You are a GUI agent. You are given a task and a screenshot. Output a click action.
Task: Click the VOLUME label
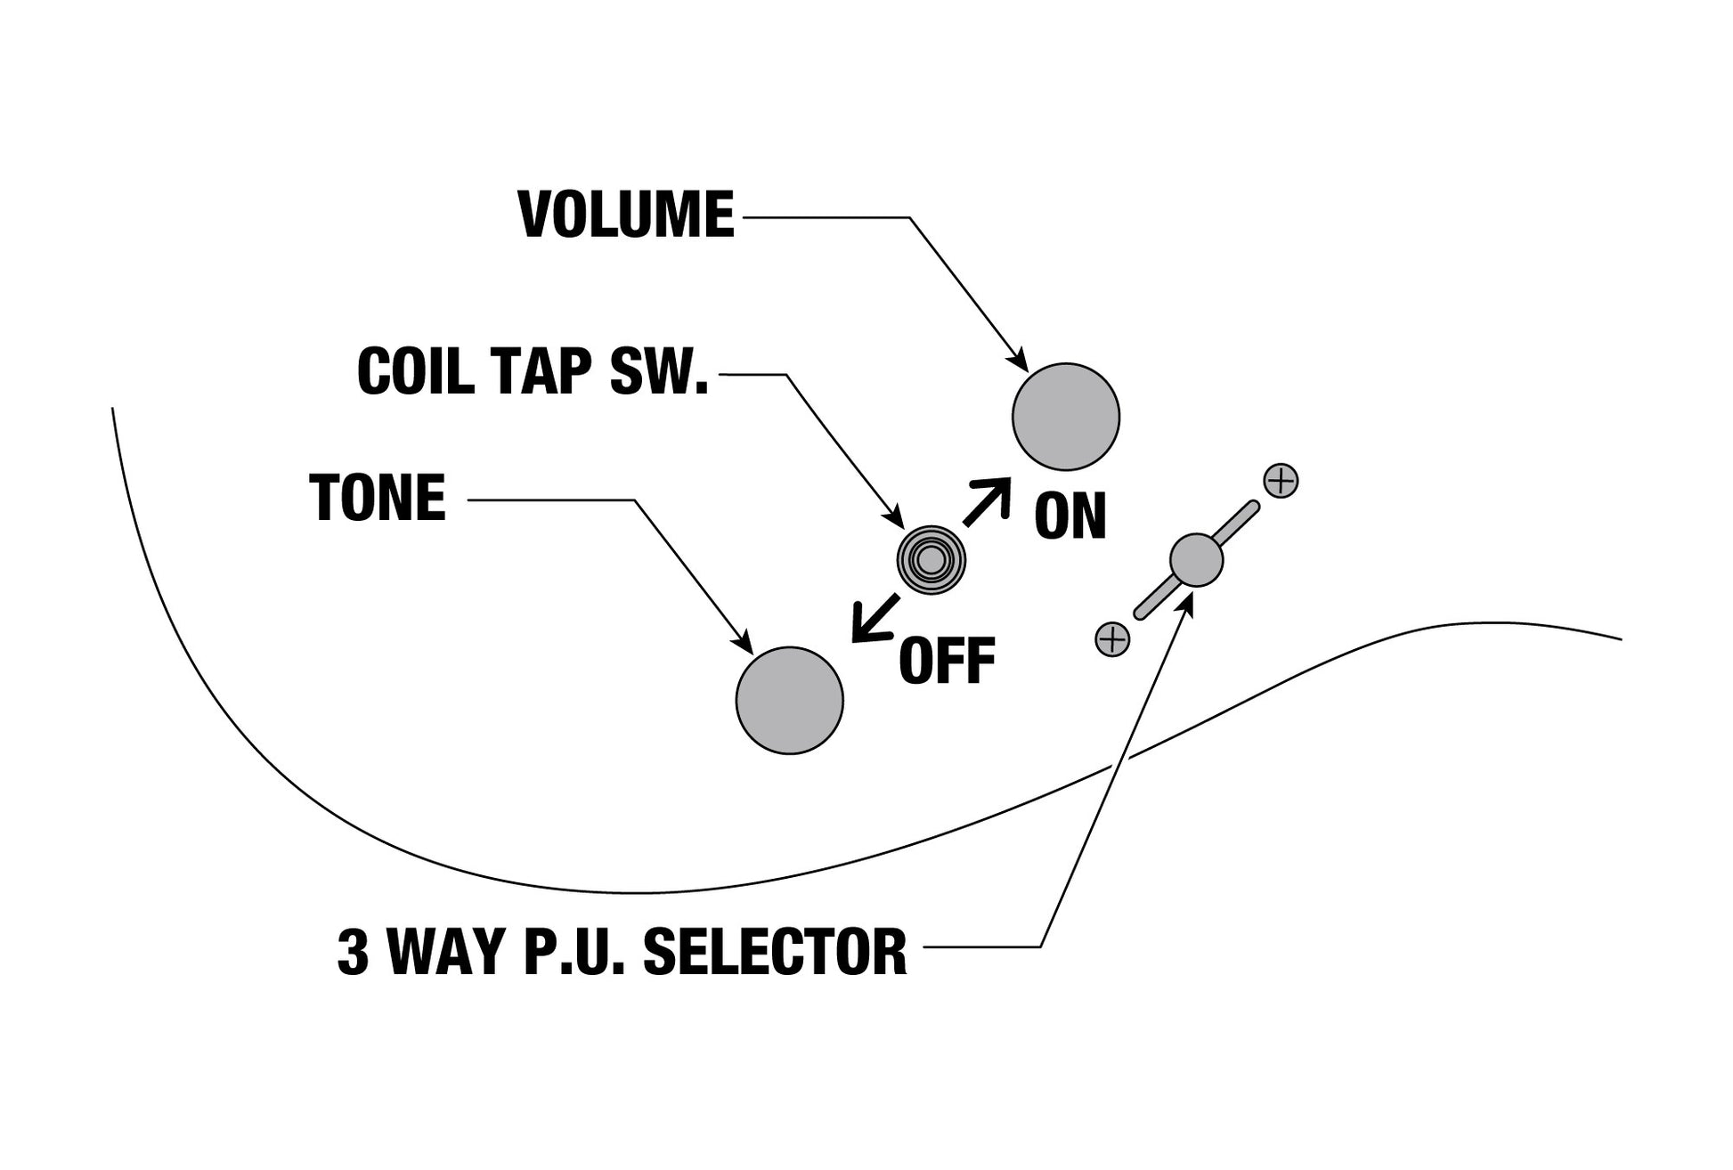coord(626,215)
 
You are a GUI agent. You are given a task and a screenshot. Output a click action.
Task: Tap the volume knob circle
coord(1065,417)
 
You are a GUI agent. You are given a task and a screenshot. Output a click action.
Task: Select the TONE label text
coord(378,498)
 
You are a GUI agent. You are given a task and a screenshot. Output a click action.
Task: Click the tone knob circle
coord(789,701)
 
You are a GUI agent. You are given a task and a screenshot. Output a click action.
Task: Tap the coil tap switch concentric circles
coord(931,560)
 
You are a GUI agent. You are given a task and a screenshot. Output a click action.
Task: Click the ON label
coord(1070,516)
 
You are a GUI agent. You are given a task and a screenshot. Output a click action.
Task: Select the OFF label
coord(947,662)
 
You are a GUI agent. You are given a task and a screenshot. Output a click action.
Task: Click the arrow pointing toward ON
coord(988,500)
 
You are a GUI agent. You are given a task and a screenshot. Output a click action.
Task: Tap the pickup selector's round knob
coord(1196,560)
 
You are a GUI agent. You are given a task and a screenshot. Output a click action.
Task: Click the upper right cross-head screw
coord(1281,481)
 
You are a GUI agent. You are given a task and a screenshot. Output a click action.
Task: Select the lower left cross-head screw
coord(1112,638)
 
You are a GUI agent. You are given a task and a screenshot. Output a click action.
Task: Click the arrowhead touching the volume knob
coord(1019,361)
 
